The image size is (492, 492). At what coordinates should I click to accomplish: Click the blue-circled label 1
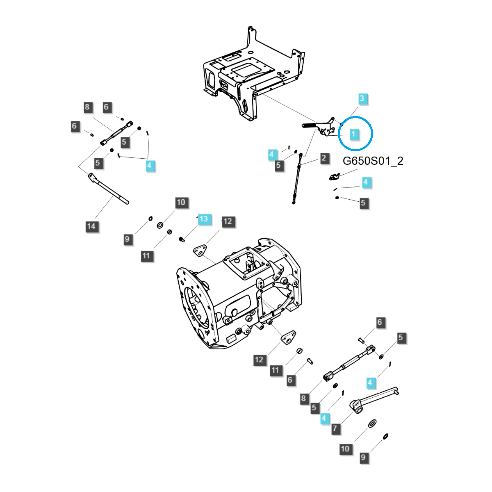tap(353, 134)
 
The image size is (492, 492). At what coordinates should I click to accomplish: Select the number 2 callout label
tap(324, 158)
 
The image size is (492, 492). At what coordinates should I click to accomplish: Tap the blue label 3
tap(362, 98)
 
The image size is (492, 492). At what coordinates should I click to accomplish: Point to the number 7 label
tap(335, 429)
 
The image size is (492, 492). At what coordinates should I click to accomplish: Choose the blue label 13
tap(204, 219)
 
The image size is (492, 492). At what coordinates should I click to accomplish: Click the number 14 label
tap(91, 226)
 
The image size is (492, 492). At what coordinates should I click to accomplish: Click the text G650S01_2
tap(373, 161)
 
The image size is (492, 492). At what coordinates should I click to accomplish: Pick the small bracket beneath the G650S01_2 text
tap(335, 176)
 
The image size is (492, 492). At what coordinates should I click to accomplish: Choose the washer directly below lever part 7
tap(373, 423)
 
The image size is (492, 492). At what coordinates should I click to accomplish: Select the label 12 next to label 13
tap(228, 222)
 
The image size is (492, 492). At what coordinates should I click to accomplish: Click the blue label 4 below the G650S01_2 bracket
tap(366, 182)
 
